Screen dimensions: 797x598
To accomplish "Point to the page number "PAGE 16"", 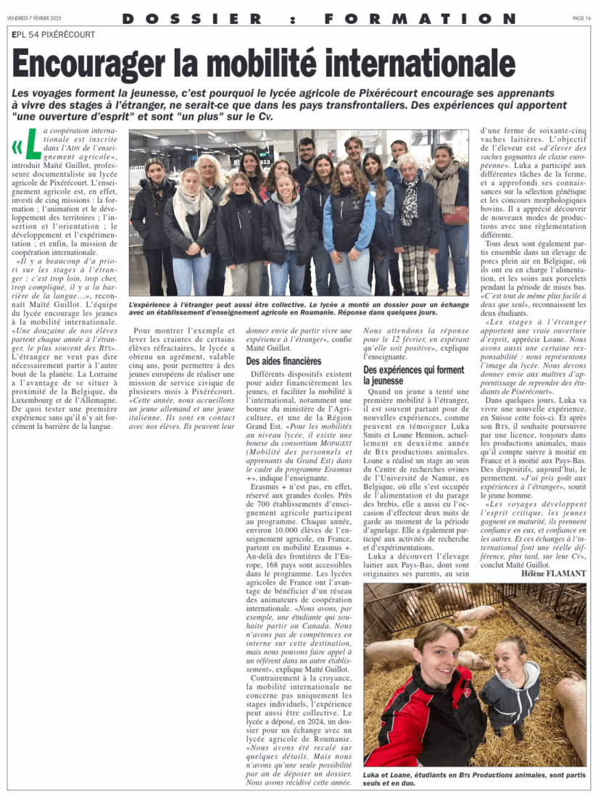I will (582, 18).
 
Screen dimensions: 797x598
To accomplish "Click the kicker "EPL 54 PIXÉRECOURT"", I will (54, 34).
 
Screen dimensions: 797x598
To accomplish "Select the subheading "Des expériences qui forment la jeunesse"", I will (414, 375).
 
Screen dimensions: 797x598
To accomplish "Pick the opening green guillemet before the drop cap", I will (17, 146).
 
